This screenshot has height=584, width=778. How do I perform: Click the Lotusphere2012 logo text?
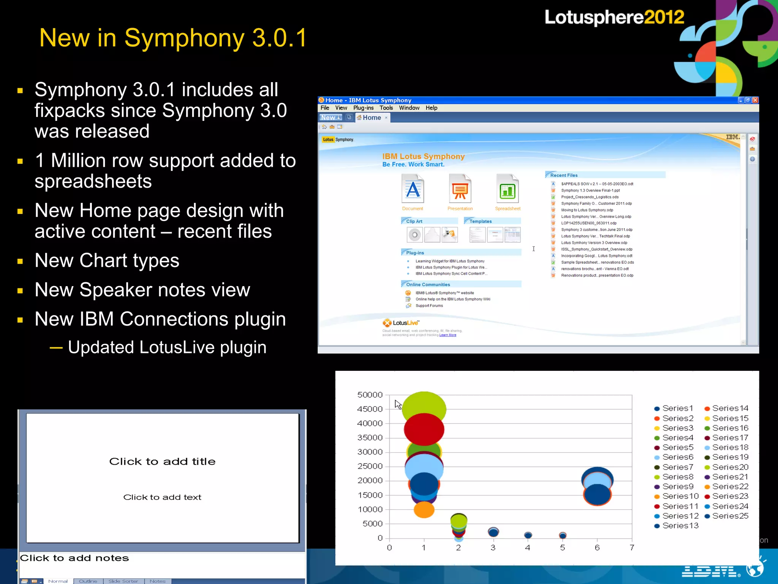coord(614,17)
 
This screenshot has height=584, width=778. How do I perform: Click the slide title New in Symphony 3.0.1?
coord(173,38)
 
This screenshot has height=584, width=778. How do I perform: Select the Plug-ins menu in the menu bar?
coord(363,108)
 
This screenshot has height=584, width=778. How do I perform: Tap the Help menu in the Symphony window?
coord(431,108)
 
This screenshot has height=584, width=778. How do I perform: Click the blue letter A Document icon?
coord(413,189)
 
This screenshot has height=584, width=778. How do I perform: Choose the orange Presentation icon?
coord(460,189)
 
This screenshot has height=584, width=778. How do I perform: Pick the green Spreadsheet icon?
coord(508,189)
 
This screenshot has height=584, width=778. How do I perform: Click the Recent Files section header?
coord(564,175)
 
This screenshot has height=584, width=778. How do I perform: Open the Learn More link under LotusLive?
coord(448,335)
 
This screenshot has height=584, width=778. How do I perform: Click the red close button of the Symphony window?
coord(755,100)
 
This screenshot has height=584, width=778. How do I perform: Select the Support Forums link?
coord(429,306)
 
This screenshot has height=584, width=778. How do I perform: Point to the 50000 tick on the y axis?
coord(370,395)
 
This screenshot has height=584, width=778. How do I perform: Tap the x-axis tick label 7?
coord(632,548)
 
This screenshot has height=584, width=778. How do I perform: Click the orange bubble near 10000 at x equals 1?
coord(424,510)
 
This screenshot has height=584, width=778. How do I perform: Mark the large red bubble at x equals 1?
coord(424,429)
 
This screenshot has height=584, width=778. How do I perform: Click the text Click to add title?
coord(162,462)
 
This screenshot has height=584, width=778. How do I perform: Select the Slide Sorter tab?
coord(123,581)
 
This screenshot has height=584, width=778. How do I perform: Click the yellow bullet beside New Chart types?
coord(20,261)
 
